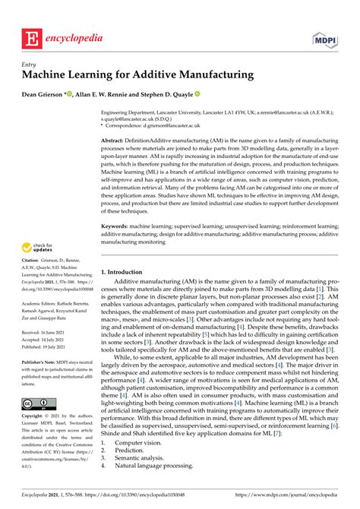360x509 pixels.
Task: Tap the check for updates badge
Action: (x=36, y=247)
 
